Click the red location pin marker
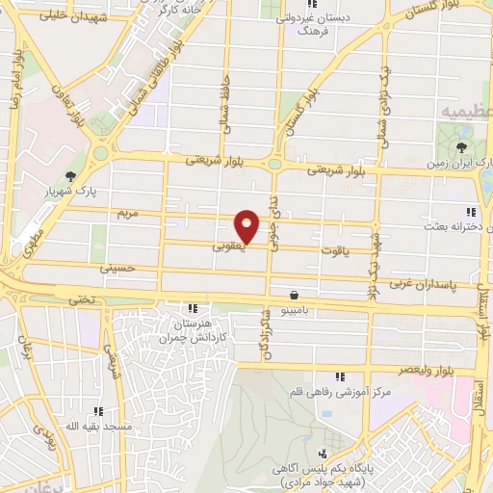pos(247,225)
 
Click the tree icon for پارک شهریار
pos(70,175)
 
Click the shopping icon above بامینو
pos(293,296)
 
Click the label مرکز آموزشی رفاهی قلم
pos(339,393)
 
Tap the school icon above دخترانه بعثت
pos(471,212)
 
